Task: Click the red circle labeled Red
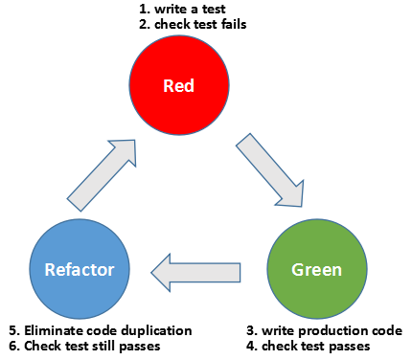[x=180, y=86]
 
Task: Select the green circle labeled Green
[x=318, y=269]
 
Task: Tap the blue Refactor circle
[x=80, y=269]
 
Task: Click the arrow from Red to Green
[x=270, y=169]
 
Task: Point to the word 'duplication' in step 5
[x=157, y=330]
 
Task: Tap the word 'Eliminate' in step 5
[x=51, y=330]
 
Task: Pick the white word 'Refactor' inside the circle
[x=80, y=269]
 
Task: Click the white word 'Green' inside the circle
[x=318, y=269]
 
